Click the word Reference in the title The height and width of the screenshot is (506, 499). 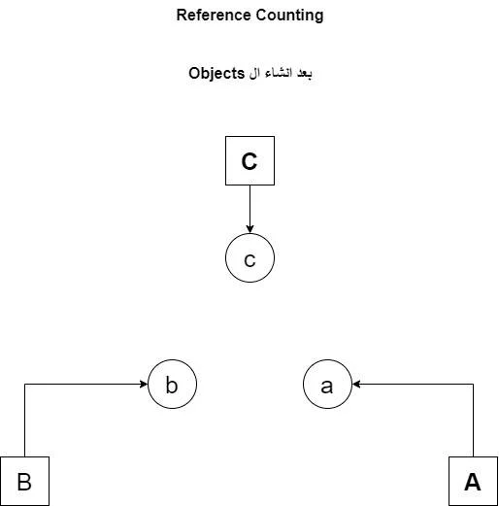pos(214,15)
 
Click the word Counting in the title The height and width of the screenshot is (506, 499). pos(289,16)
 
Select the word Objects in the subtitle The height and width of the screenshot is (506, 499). pos(216,73)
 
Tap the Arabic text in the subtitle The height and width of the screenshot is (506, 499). pos(281,73)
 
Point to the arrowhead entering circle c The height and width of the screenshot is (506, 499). pos(249,229)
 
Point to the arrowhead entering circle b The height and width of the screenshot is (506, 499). pos(144,385)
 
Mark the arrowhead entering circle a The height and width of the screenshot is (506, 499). pos(356,385)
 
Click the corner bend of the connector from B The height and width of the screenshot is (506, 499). pos(25,385)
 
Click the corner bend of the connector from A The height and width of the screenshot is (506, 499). pos(473,385)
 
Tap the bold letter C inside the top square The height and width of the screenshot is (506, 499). pos(249,161)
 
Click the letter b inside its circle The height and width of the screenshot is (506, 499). pos(172,385)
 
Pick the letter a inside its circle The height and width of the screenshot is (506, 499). pos(326,387)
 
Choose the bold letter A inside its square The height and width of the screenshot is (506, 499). pos(473,482)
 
